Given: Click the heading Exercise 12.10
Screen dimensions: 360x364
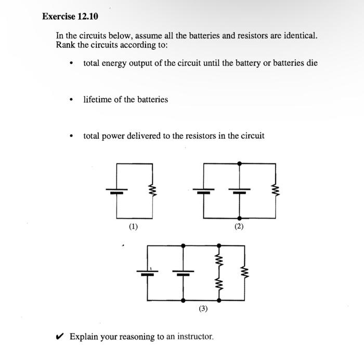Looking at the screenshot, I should click(70, 17).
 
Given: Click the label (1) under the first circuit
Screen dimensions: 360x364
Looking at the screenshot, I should click(134, 226).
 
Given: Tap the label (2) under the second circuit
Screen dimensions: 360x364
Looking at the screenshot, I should click(239, 226).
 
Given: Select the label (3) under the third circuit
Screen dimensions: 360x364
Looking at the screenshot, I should click(203, 309).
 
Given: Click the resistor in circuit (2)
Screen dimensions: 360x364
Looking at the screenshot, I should click(275, 191).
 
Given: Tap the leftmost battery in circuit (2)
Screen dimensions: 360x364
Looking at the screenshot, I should click(204, 191).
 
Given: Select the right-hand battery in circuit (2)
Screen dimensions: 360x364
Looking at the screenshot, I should click(239, 191).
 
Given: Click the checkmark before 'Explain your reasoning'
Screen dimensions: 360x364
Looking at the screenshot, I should click(61, 337).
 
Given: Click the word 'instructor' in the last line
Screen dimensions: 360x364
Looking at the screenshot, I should click(196, 337).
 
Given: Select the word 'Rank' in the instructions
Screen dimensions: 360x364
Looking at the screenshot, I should click(65, 45).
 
